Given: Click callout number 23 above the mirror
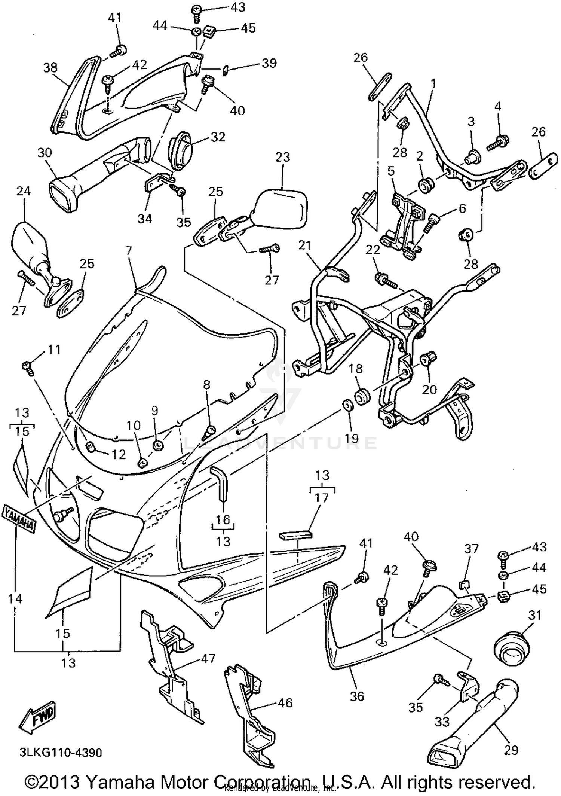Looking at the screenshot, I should click(282, 157).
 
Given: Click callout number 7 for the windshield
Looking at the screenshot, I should click(129, 251).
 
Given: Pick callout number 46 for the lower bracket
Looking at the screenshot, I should click(285, 703).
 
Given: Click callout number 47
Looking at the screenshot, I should click(208, 658).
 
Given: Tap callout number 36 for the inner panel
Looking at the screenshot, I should click(356, 696).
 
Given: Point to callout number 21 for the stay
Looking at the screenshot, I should click(305, 246).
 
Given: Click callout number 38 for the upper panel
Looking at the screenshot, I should click(50, 68).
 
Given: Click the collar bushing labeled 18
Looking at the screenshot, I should click(362, 397).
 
